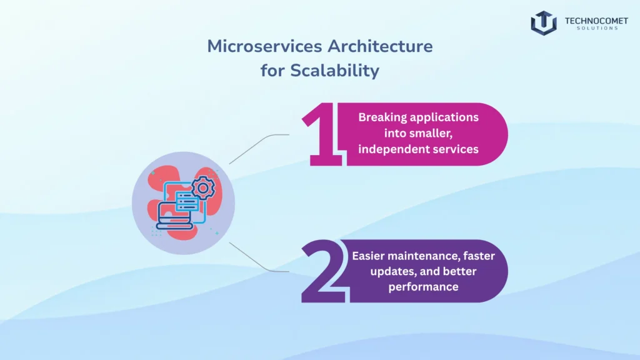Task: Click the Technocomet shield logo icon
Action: coord(543,22)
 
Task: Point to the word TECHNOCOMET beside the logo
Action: coord(591,20)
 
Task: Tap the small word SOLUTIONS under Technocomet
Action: coord(591,28)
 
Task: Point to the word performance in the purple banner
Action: coord(423,287)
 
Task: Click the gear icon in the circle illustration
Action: coord(201,187)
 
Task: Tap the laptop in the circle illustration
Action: coord(174,216)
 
